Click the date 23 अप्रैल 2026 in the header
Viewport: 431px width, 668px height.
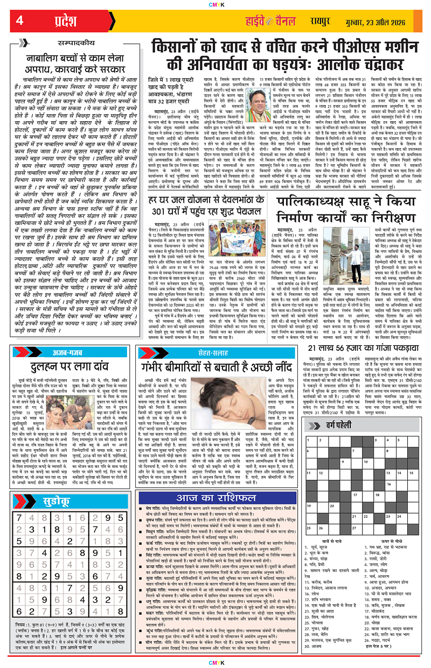click(377, 22)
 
